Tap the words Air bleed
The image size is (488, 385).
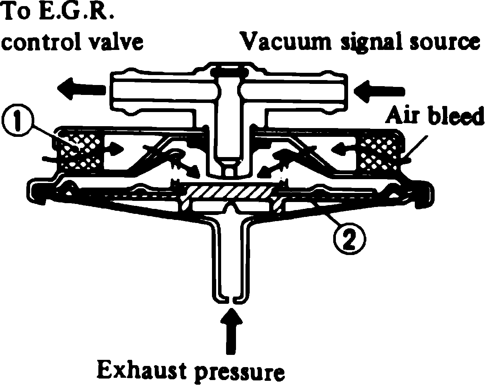coord(434,117)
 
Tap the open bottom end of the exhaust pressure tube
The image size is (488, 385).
coord(230,299)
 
